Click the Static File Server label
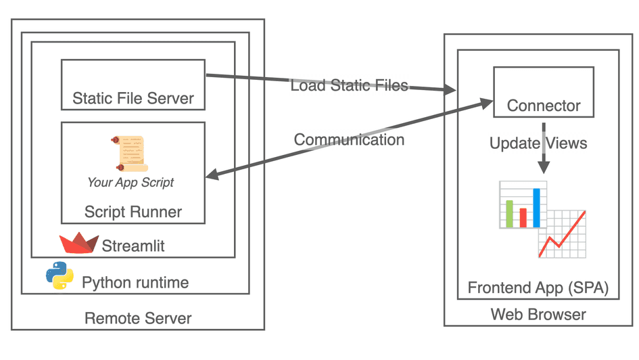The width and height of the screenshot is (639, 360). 133,99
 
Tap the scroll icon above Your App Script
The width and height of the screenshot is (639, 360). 128,153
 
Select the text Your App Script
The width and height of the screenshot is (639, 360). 131,183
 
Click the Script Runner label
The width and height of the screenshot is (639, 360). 133,212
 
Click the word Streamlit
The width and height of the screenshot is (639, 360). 133,246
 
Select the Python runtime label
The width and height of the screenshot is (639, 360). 135,282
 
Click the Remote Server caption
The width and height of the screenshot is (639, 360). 138,318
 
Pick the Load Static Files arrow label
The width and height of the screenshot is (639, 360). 349,86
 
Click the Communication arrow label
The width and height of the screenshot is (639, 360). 349,140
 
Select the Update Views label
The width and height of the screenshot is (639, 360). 538,143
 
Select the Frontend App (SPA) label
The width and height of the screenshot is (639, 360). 538,288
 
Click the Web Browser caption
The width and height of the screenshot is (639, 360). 538,315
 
